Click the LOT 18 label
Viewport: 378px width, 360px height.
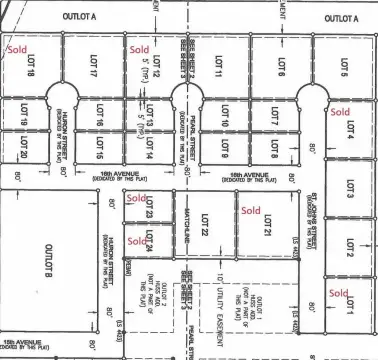31,67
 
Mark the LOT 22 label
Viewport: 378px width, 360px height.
204,227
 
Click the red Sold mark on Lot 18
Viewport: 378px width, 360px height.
17,48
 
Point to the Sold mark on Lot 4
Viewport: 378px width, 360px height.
341,112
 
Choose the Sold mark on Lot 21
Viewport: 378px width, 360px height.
250,210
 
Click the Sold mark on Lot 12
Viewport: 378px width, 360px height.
139,48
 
